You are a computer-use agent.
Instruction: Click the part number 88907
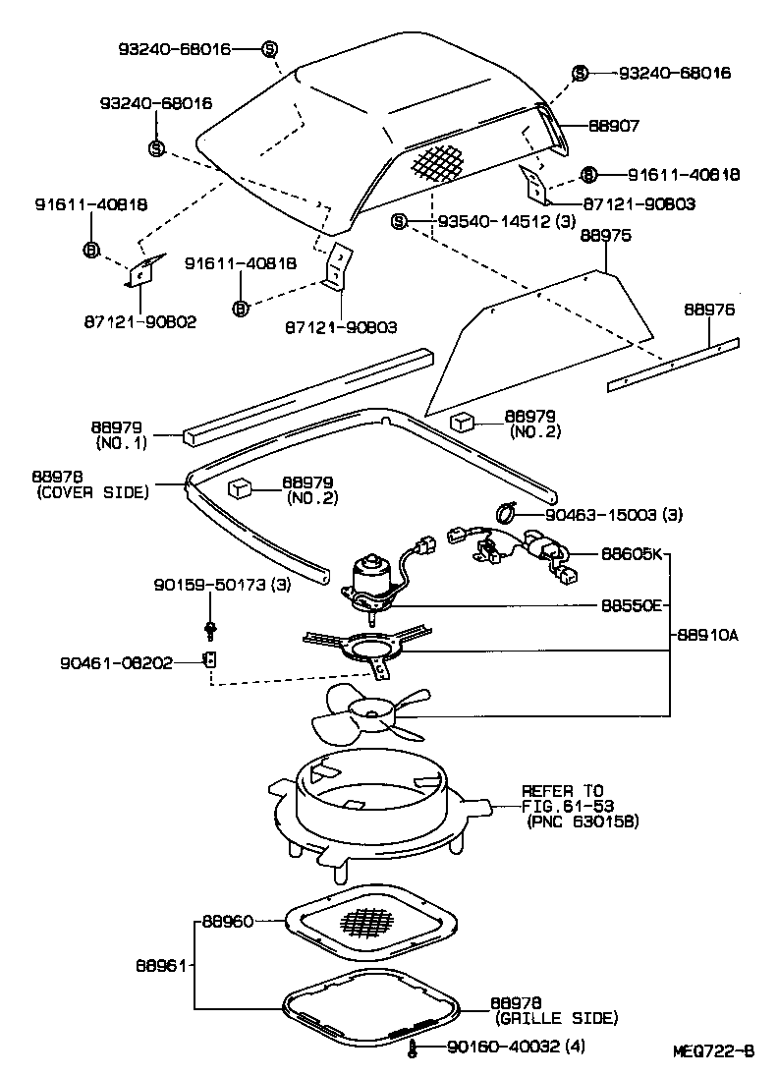pyautogui.click(x=614, y=127)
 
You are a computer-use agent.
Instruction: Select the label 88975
pyautogui.click(x=605, y=236)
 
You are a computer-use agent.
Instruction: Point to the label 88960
pyautogui.click(x=228, y=922)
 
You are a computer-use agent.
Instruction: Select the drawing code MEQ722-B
pyautogui.click(x=713, y=1050)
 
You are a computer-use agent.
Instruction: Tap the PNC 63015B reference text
pyautogui.click(x=582, y=821)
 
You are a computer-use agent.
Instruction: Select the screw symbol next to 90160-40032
pyautogui.click(x=417, y=1049)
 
